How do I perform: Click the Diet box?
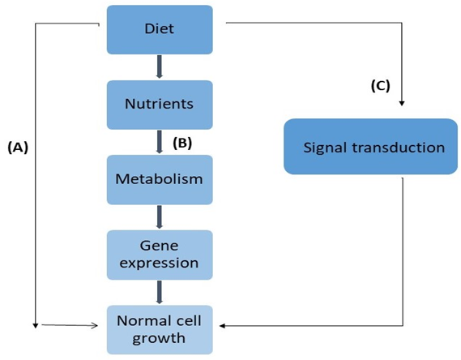tap(160, 29)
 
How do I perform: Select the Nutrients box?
tap(160, 104)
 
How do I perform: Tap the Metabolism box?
tap(160, 178)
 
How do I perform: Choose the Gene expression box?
tap(160, 255)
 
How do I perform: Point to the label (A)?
tap(18, 147)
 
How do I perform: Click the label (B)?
tap(182, 142)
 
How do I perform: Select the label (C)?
tap(380, 86)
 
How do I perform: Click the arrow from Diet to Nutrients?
tap(160, 67)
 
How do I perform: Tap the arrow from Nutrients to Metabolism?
tap(160, 142)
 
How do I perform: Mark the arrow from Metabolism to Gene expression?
tap(160, 216)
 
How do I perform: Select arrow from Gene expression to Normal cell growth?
tap(160, 292)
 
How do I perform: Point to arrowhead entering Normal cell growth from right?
tap(224, 326)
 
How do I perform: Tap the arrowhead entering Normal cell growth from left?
tap(96, 326)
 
